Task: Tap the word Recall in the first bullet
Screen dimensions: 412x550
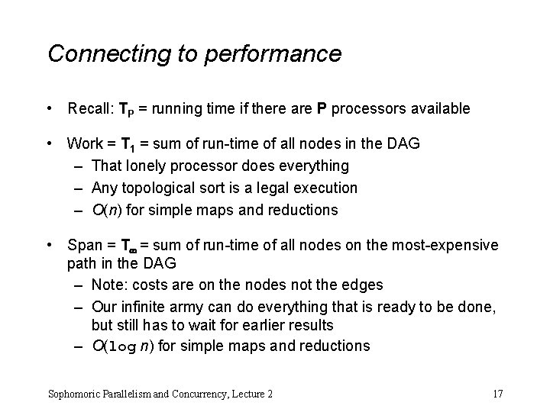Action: pos(87,109)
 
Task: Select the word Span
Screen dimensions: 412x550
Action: pos(84,245)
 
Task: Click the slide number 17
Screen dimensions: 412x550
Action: pos(497,393)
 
